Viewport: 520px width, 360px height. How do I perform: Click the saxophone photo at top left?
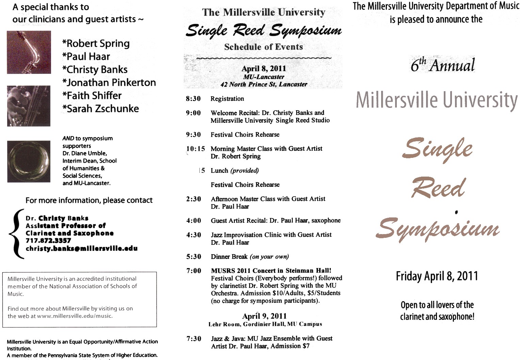pyautogui.click(x=29, y=52)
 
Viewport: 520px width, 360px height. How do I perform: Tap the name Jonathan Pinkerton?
pyautogui.click(x=109, y=83)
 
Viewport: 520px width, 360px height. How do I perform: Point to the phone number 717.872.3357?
pyautogui.click(x=48, y=241)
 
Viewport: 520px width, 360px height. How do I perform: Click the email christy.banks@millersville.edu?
pyautogui.click(x=82, y=248)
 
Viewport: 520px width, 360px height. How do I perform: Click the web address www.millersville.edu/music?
pyautogui.click(x=75, y=316)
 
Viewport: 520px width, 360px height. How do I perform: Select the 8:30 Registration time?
pyautogui.click(x=193, y=99)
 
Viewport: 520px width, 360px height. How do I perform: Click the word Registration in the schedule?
pyautogui.click(x=227, y=99)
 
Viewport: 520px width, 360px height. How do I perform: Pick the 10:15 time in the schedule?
pyautogui.click(x=196, y=149)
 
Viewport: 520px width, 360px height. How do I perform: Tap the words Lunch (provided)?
pyautogui.click(x=234, y=171)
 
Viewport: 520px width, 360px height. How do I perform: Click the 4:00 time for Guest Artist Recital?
pyautogui.click(x=194, y=221)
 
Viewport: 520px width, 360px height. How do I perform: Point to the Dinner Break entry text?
pyautogui.click(x=249, y=257)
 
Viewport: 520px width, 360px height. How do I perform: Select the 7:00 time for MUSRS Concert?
pyautogui.click(x=194, y=271)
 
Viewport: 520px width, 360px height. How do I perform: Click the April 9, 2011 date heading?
pyautogui.click(x=264, y=316)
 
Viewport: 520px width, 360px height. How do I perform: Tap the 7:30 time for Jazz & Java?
pyautogui.click(x=194, y=339)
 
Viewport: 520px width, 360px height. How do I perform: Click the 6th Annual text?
pyautogui.click(x=442, y=65)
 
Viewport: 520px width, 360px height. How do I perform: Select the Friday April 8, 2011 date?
pyautogui.click(x=437, y=276)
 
